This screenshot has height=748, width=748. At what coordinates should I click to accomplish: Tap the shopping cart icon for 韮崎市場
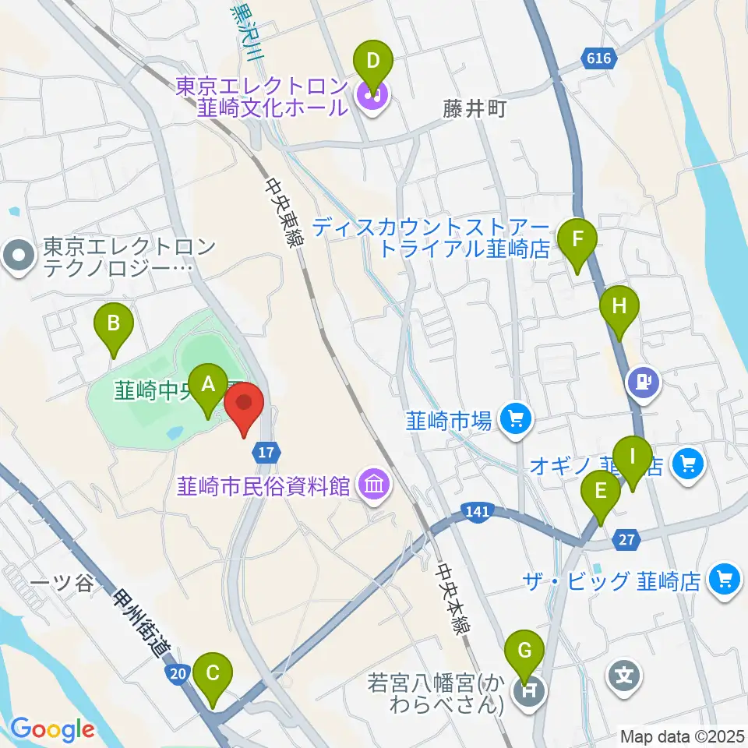tap(514, 420)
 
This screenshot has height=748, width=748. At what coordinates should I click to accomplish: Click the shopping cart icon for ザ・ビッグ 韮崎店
tap(725, 580)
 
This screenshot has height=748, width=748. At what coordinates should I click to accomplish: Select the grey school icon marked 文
tap(625, 673)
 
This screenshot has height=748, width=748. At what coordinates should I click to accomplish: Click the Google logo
tap(52, 729)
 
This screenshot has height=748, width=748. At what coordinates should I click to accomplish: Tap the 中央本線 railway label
tap(453, 601)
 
